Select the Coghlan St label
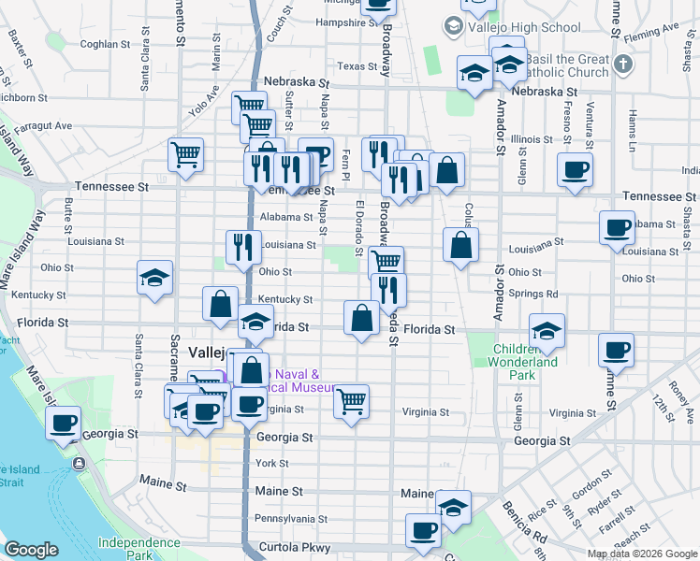(x=105, y=44)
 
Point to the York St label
(x=271, y=464)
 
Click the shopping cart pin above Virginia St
(x=351, y=402)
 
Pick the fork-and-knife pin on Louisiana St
(x=243, y=248)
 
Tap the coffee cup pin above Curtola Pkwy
(x=423, y=531)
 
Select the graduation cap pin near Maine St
(x=454, y=508)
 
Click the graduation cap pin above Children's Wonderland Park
(x=547, y=330)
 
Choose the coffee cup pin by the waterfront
(x=64, y=423)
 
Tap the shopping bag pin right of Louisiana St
(x=461, y=246)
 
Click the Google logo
(x=32, y=551)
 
